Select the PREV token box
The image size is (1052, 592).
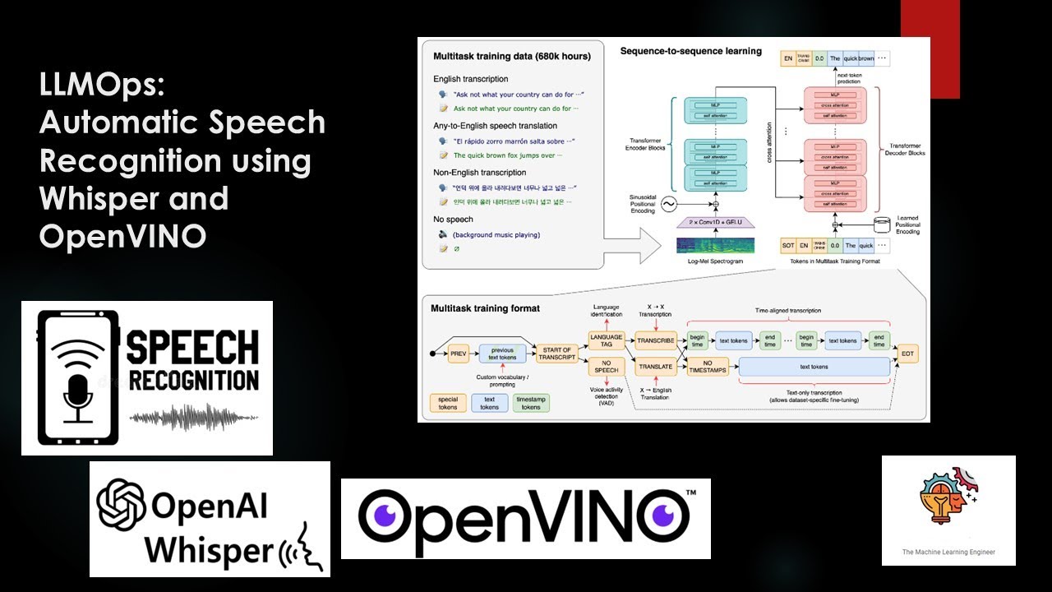pos(458,354)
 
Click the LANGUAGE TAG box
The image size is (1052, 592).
pos(607,340)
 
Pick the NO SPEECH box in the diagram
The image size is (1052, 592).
pos(607,367)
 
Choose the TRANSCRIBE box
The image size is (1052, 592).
pos(656,340)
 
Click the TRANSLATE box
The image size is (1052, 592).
pos(656,367)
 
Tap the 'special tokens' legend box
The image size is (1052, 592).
pos(448,402)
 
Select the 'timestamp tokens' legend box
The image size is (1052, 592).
pos(531,402)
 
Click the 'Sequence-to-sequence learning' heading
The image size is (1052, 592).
pos(690,51)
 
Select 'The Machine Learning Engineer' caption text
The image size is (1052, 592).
pos(948,552)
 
